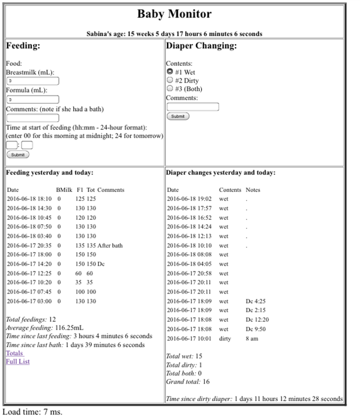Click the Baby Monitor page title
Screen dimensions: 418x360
[174, 14]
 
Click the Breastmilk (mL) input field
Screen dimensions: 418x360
[33, 81]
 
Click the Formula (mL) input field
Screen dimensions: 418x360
[33, 100]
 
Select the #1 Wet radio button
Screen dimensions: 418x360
[170, 72]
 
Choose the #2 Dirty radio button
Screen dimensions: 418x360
[170, 80]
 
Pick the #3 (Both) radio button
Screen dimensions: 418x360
[170, 89]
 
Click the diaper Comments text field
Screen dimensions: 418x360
[193, 107]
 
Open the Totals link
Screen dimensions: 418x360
[15, 353]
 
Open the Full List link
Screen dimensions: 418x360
[17, 362]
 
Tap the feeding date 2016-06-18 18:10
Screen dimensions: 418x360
[29, 199]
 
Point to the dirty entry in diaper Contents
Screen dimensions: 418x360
[224, 338]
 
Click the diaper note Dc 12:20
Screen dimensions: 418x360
[257, 319]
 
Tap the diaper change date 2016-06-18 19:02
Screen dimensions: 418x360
[190, 199]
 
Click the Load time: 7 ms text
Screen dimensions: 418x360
[33, 412]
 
